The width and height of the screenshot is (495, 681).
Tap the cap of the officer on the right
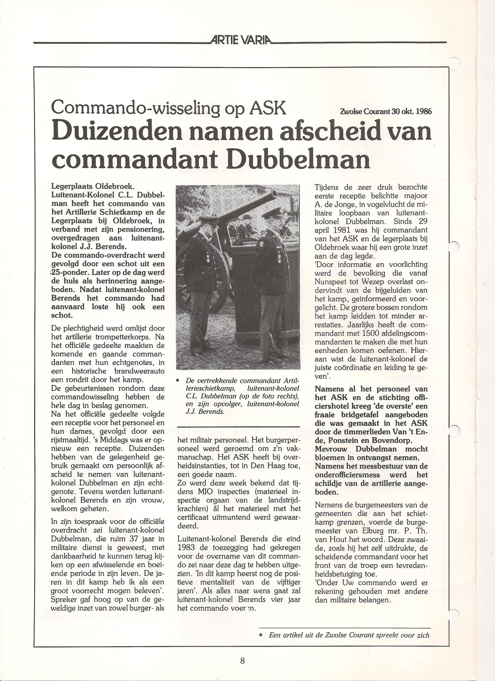(272, 214)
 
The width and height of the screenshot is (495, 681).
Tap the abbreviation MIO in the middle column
(204, 492)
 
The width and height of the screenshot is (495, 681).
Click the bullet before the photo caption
(178, 380)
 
